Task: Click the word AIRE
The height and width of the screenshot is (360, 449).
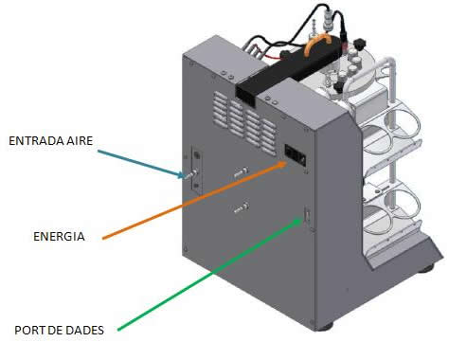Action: (x=80, y=141)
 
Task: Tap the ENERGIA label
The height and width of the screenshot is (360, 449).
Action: (x=59, y=237)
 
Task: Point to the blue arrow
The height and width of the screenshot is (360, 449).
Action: (x=141, y=164)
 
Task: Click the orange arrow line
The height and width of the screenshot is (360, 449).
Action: (x=194, y=200)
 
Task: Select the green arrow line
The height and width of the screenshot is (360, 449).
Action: (x=209, y=274)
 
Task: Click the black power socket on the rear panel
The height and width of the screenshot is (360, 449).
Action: (x=296, y=155)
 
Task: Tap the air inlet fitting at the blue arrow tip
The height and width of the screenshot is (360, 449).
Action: (x=191, y=174)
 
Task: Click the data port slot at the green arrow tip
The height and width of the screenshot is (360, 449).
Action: (x=307, y=216)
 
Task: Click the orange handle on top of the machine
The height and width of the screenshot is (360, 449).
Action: (x=318, y=44)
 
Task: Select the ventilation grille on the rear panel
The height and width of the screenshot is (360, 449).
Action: (x=245, y=122)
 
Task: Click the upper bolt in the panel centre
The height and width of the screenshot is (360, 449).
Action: (x=241, y=172)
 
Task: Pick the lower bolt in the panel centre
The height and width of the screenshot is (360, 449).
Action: (x=241, y=208)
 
